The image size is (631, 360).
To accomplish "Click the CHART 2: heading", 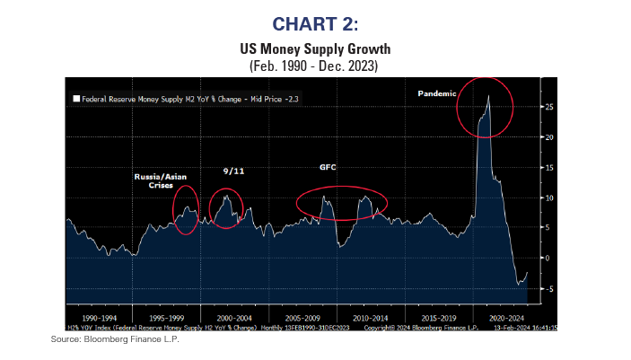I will coord(315,21).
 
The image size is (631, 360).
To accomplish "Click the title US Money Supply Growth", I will coord(315,50).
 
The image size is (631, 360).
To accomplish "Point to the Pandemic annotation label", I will coord(439,93).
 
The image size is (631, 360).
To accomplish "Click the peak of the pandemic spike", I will coord(487,94).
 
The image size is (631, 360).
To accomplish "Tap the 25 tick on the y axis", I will coord(546,107).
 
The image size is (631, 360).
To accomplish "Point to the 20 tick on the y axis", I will coord(546,137).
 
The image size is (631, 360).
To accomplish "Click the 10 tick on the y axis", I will coord(546,198).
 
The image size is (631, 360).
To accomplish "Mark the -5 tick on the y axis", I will coord(546,288).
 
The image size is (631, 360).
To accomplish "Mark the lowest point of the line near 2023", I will coord(520,284).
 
